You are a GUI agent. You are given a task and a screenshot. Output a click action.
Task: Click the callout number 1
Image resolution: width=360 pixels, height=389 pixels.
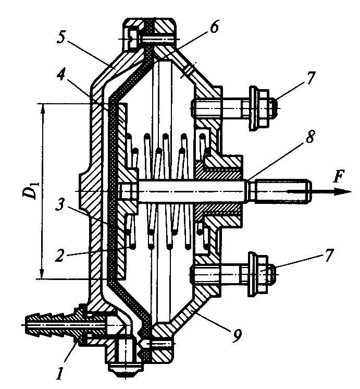59,371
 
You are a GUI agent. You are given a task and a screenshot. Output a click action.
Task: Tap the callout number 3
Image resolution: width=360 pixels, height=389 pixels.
61,204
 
